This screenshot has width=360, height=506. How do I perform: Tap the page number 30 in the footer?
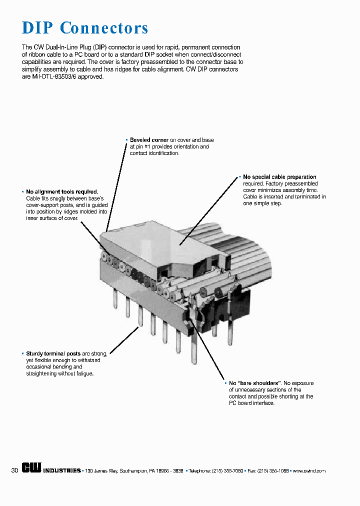pos(14,470)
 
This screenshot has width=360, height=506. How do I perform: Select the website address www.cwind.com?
pos(309,471)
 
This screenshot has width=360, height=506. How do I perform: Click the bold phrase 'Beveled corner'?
pos(149,140)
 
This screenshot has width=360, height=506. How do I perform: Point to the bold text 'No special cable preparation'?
pos(279,177)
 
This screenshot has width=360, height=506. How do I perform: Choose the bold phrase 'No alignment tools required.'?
pos(62,192)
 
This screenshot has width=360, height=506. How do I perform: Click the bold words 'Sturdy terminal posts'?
pos(53,353)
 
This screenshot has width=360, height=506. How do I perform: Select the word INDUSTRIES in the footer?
pos(62,471)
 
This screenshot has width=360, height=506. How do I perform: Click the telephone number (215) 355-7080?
pos(227,471)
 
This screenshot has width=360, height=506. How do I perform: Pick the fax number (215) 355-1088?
pos(273,471)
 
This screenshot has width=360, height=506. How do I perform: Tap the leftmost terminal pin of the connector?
pos(115,299)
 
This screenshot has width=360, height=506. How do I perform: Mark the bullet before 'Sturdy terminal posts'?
pos(23,353)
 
